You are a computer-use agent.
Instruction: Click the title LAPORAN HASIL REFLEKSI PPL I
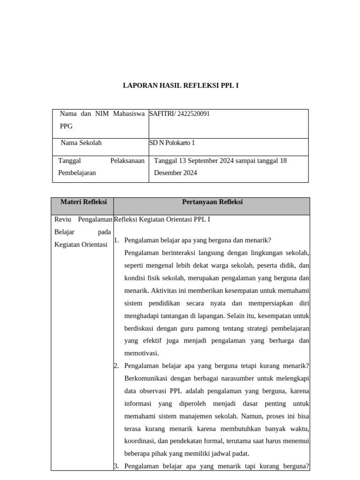(x=180, y=86)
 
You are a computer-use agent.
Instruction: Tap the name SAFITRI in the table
(x=160, y=114)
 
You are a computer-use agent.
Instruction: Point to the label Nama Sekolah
(x=81, y=143)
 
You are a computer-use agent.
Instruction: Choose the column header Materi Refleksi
(x=83, y=202)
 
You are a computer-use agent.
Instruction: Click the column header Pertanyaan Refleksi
(x=212, y=202)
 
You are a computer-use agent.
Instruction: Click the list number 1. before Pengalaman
(x=117, y=240)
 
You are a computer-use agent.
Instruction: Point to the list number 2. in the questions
(x=116, y=366)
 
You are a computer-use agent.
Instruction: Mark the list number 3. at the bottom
(x=116, y=466)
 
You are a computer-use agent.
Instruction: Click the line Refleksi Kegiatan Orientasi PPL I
(x=162, y=219)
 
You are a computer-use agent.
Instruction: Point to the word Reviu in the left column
(x=62, y=219)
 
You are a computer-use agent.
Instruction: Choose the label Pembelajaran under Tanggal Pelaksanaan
(x=77, y=173)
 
